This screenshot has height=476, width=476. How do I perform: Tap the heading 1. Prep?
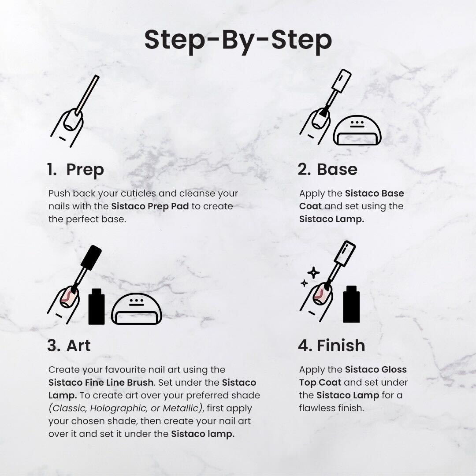pyautogui.click(x=76, y=170)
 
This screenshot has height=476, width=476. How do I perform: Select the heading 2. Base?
pyautogui.click(x=327, y=169)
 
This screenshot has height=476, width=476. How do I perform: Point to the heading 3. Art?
pyautogui.click(x=69, y=346)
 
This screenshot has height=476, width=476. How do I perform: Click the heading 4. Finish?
pyautogui.click(x=331, y=346)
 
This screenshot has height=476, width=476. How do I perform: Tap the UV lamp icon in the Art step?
pyautogui.click(x=136, y=309)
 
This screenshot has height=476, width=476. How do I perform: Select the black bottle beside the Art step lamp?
pyautogui.click(x=96, y=307)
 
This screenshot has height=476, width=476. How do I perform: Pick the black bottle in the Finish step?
pyautogui.click(x=351, y=304)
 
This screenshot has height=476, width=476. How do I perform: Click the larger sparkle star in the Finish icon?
pyautogui.click(x=313, y=272)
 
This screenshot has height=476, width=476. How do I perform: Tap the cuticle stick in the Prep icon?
pyautogui.click(x=87, y=95)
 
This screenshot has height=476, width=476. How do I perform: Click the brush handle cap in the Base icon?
pyautogui.click(x=342, y=80)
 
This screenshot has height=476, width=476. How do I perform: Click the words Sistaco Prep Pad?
pyautogui.click(x=150, y=206)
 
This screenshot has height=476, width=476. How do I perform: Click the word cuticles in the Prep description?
pyautogui.click(x=138, y=193)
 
